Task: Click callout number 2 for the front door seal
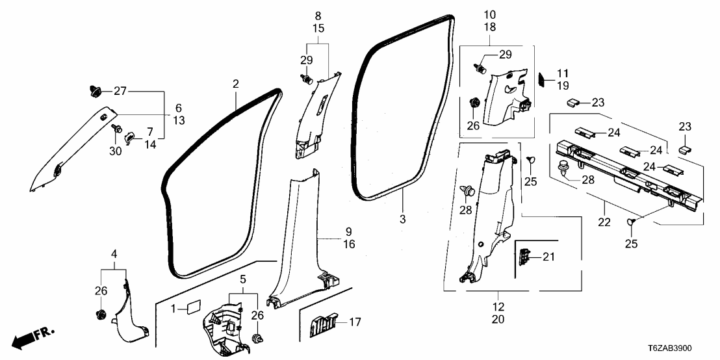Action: click(236, 84)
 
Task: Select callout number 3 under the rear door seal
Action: click(402, 220)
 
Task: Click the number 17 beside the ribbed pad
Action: click(356, 322)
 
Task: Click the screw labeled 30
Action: click(118, 130)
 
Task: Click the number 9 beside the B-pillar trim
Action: click(348, 231)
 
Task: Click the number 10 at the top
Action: click(489, 14)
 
